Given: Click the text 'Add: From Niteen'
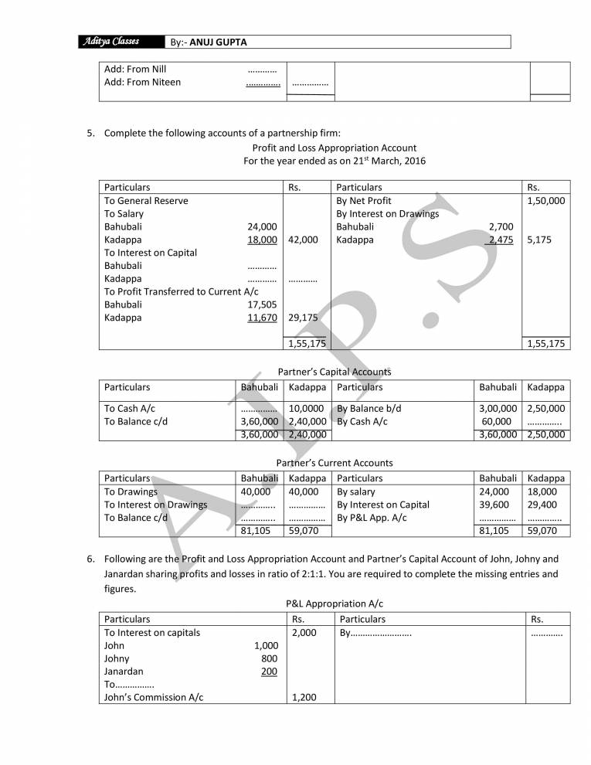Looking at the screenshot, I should (142, 82).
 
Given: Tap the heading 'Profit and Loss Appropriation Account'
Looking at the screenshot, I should (334, 148).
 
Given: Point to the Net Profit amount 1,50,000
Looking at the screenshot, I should (545, 200).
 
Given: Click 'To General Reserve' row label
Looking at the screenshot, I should (146, 200).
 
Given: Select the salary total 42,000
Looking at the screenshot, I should (303, 240).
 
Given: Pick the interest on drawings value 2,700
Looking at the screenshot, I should (501, 226).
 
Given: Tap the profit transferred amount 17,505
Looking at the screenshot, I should (262, 304).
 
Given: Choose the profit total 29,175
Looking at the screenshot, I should (303, 318).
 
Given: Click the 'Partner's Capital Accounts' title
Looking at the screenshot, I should (334, 372).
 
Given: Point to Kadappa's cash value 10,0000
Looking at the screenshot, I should (306, 408).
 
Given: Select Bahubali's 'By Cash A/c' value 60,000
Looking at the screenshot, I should (496, 421).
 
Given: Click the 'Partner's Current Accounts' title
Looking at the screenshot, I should (334, 463).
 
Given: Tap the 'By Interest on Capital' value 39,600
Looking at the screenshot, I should (494, 505).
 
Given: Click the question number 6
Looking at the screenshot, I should (90, 559).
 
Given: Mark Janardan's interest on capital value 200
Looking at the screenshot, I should (269, 671).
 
